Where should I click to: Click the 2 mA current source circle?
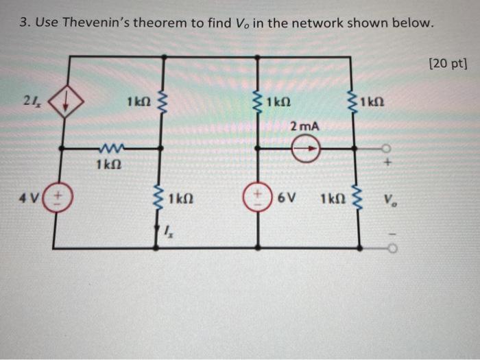306,147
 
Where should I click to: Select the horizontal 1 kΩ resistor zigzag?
110,146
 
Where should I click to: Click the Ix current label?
169,232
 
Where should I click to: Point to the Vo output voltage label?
389,203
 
